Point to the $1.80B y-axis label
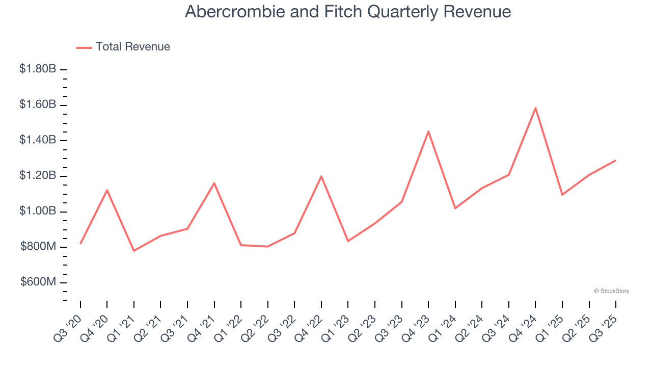click(38, 69)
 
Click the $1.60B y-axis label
click(38, 104)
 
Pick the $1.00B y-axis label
click(38, 212)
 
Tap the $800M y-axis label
click(38, 247)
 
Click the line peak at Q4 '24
click(535, 108)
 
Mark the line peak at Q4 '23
click(428, 131)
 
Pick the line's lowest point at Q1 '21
click(134, 251)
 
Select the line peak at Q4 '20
click(107, 190)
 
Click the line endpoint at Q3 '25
click(615, 161)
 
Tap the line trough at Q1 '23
click(348, 241)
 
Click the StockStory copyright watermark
click(611, 291)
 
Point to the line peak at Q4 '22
click(321, 176)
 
